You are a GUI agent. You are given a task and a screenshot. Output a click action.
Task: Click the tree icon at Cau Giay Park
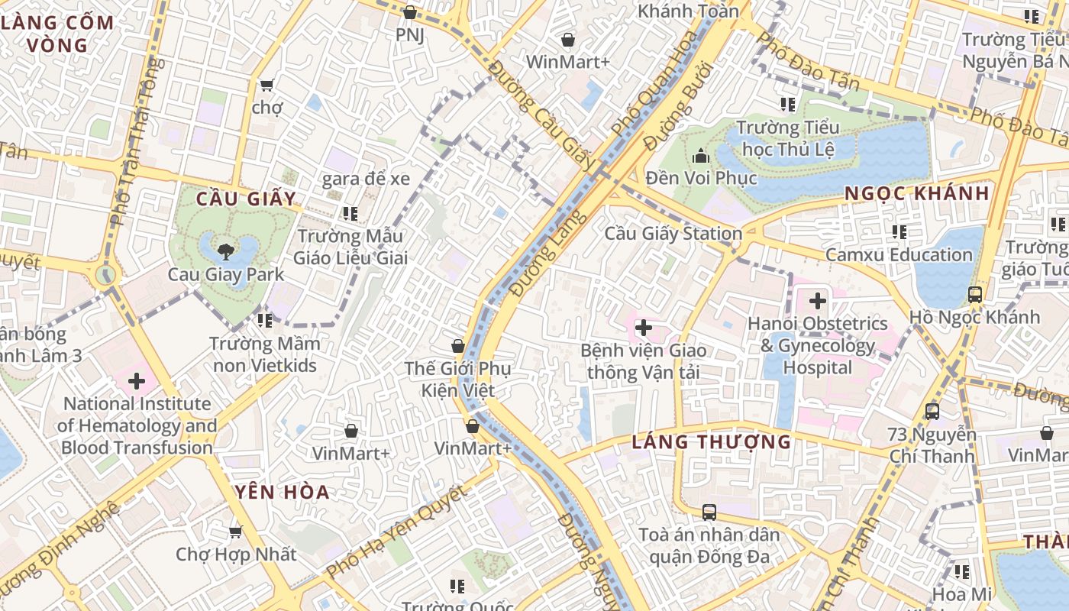225,251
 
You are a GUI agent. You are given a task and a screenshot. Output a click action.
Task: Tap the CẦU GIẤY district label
246,199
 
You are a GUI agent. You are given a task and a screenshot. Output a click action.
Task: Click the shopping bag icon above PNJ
410,12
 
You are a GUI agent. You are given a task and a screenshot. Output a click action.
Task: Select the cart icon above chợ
266,85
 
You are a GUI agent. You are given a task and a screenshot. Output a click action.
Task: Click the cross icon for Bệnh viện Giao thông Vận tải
644,328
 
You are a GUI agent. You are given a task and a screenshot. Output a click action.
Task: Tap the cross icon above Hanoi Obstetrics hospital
818,301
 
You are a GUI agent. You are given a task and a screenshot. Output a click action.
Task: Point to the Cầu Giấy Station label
673,233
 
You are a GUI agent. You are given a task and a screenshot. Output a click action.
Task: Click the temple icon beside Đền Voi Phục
701,157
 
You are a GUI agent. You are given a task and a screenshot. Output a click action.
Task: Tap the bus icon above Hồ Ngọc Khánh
974,294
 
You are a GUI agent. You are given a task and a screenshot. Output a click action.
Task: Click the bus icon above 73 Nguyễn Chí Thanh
932,412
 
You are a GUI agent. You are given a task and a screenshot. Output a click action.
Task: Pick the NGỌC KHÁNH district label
916,193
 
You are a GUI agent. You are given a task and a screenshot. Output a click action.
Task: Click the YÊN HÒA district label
283,492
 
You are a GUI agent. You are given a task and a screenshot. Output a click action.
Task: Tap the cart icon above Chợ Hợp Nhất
236,531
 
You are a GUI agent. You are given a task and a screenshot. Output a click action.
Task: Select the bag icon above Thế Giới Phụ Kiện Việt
458,346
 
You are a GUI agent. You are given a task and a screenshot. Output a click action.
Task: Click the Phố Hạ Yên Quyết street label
396,532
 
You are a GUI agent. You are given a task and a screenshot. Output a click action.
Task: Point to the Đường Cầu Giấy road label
541,116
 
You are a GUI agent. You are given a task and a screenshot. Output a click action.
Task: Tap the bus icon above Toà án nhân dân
709,512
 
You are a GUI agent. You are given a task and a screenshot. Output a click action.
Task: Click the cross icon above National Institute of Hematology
137,380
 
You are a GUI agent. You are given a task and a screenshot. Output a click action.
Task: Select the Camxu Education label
899,254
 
